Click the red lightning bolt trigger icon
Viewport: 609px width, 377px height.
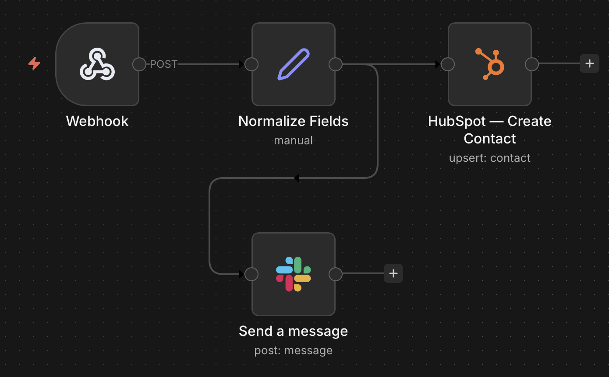pos(34,63)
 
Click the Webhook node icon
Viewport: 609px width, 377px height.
pos(97,64)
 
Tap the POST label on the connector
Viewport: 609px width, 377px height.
pos(163,64)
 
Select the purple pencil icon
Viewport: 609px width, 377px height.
pos(294,64)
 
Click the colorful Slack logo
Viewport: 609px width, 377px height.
pos(294,274)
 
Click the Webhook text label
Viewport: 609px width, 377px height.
pos(97,121)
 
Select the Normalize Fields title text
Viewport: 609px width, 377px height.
pos(294,121)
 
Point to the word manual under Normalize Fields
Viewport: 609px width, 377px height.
pos(294,140)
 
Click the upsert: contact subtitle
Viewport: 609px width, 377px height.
pos(490,158)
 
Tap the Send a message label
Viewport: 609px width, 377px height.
pos(294,331)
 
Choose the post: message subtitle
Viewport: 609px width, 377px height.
pos(294,350)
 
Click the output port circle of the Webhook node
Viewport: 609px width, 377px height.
pos(139,64)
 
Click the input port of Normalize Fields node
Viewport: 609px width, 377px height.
pos(251,64)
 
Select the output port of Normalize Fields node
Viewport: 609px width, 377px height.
pos(335,64)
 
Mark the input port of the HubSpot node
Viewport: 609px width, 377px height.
pos(448,64)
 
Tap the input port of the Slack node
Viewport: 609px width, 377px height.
pos(251,274)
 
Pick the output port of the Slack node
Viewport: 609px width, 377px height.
pos(335,274)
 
